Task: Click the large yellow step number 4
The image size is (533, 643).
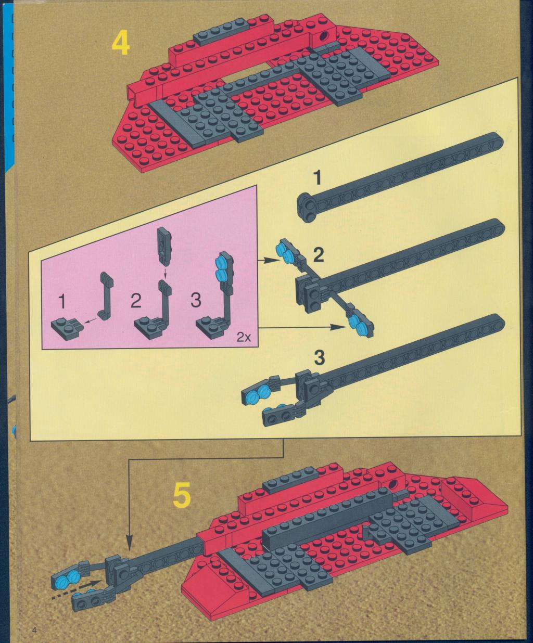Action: click(120, 44)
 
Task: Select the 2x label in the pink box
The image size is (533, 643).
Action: click(244, 338)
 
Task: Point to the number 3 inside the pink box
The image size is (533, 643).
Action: click(196, 300)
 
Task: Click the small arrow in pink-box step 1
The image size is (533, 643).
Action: click(91, 321)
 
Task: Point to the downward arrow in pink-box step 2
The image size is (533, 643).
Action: click(165, 272)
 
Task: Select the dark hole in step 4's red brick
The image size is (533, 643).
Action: click(324, 36)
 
